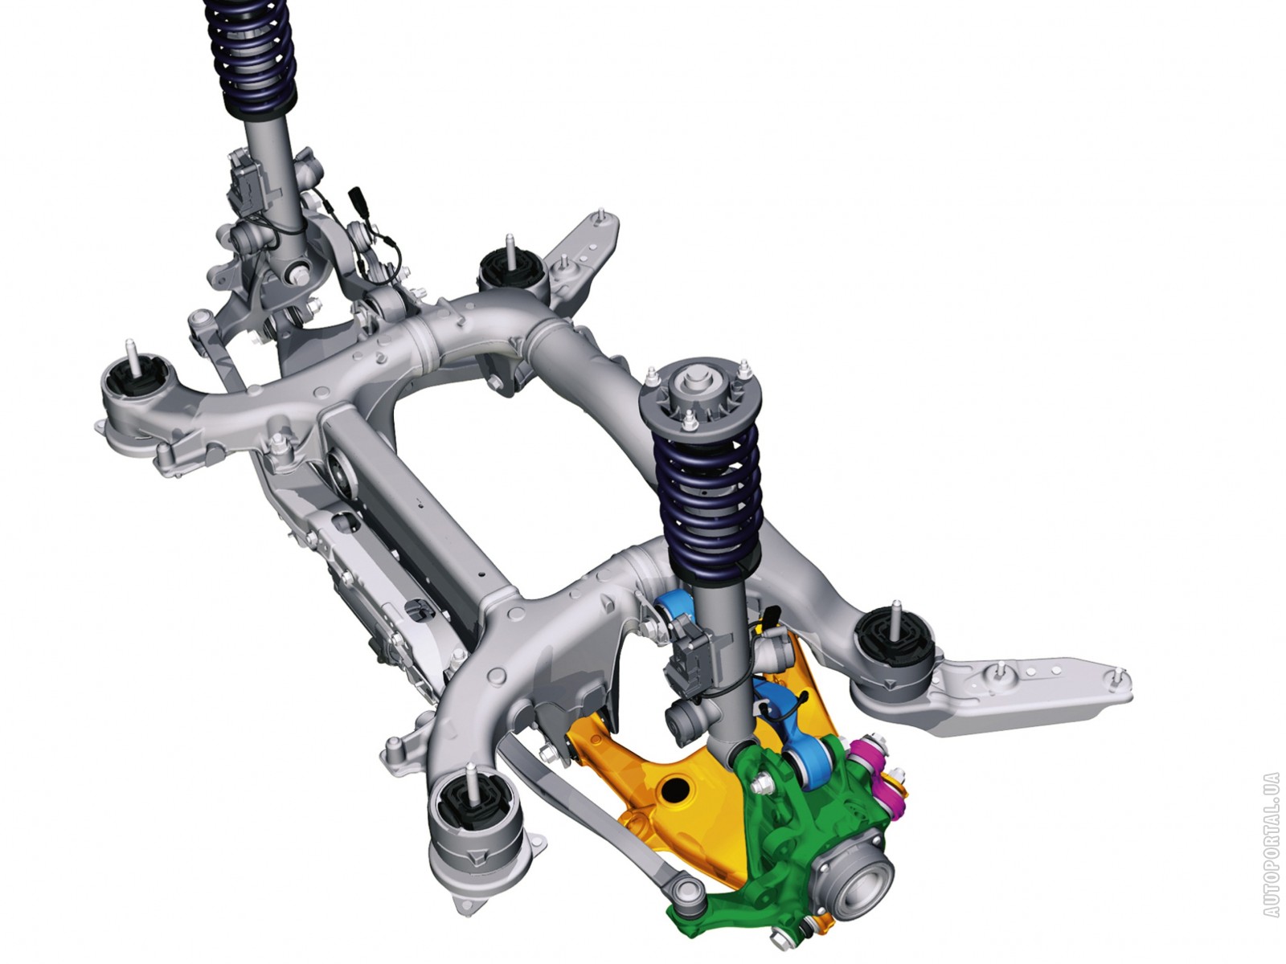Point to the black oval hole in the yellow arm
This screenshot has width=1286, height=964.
[x=678, y=790]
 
